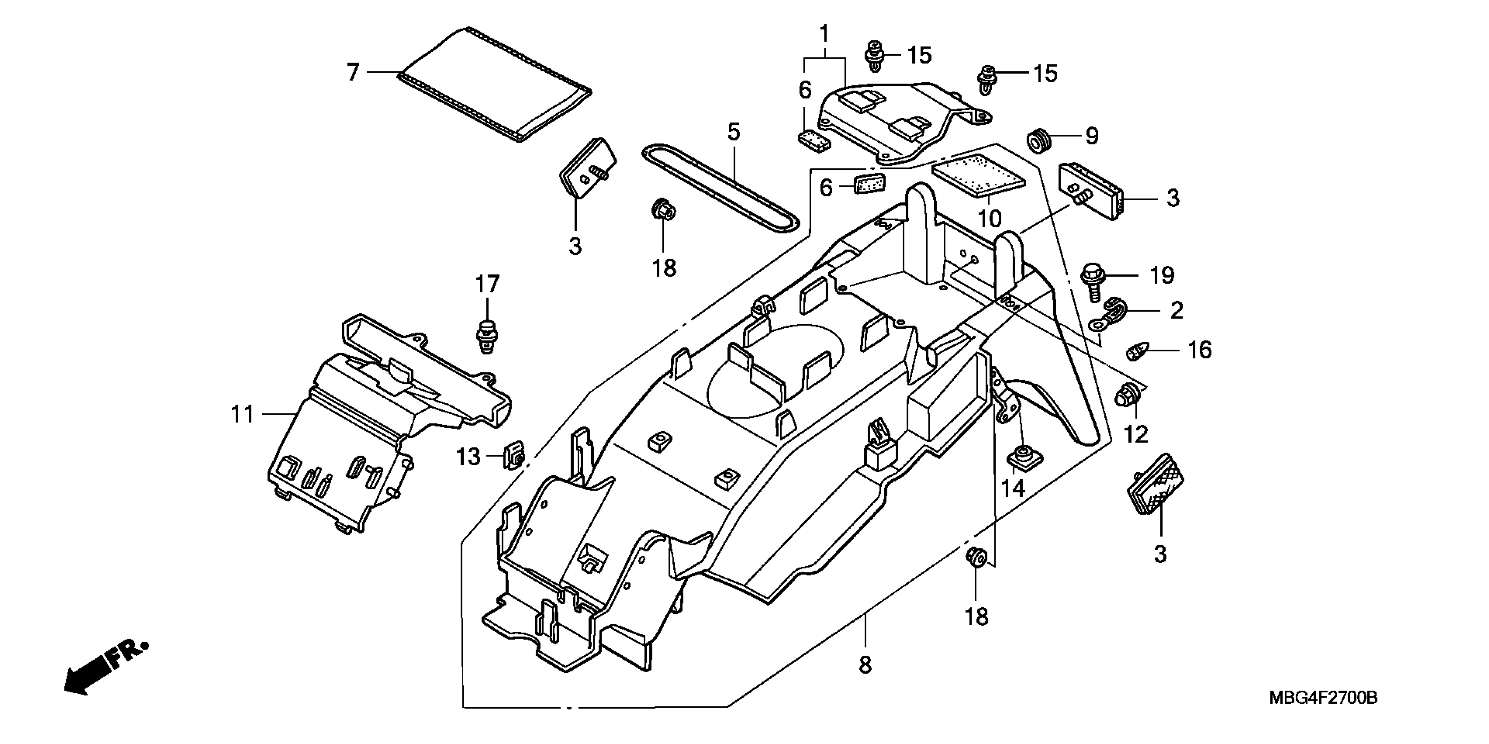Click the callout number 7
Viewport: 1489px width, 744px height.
353,72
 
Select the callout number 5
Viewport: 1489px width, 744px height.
733,132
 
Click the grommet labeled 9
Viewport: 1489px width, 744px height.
1040,142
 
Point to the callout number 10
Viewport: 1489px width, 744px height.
989,218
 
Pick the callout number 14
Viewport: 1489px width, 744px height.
1013,488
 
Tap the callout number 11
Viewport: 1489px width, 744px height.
243,414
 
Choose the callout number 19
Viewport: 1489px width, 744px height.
1162,275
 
